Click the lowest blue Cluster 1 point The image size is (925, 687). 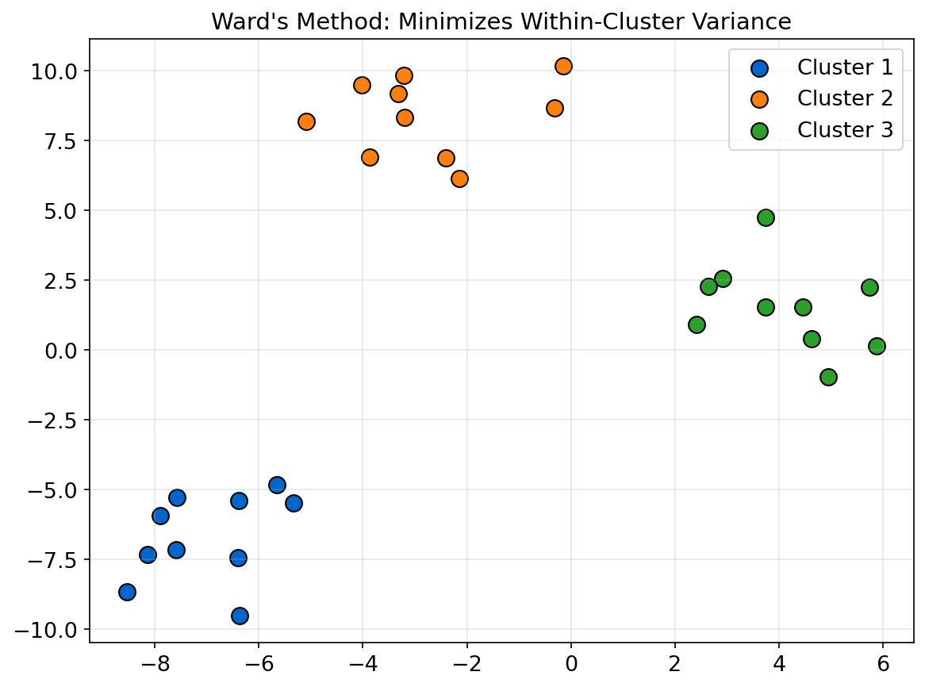[240, 616]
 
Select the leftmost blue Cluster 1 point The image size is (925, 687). [127, 592]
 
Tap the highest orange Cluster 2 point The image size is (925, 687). [563, 66]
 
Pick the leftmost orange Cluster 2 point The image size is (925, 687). [306, 121]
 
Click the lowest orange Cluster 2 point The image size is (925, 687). [459, 178]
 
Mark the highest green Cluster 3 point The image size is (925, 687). [766, 217]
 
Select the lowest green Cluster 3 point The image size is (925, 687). [828, 377]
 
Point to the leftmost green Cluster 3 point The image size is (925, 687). [697, 324]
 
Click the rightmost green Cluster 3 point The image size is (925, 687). [877, 346]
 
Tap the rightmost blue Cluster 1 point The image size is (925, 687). [294, 503]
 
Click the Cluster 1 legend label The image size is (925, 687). [845, 67]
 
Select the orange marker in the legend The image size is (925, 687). [759, 99]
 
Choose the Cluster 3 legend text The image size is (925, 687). [845, 129]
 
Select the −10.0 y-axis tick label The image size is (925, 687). [49, 630]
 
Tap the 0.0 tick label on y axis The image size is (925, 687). [60, 351]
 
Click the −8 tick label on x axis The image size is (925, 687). [154, 664]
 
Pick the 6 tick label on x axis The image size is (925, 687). [883, 664]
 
